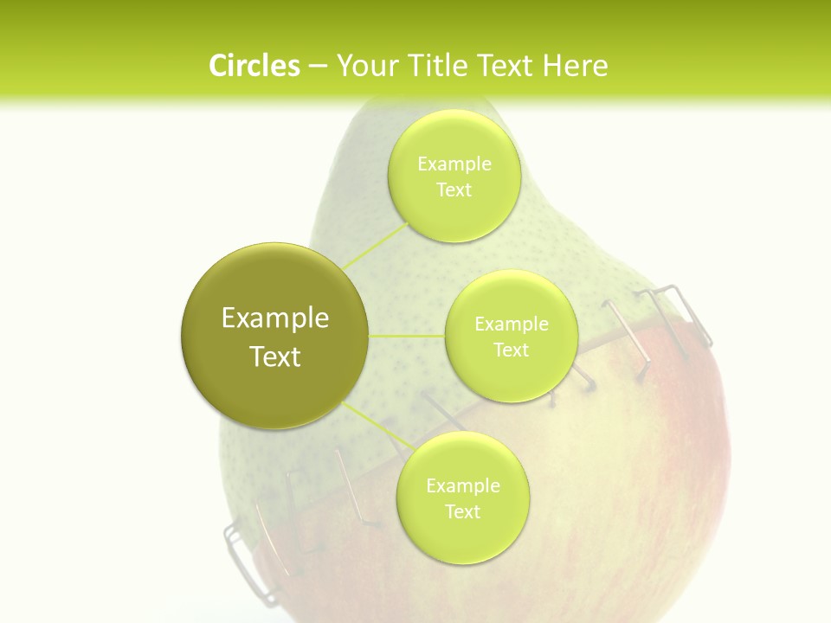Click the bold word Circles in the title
254,66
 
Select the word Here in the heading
575,66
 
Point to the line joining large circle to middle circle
407,336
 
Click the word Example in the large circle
275,318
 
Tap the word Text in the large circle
275,356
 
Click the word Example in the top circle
454,164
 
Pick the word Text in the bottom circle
462,511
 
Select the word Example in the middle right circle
511,324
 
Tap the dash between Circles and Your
317,66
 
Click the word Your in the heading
364,66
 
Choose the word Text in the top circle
454,189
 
